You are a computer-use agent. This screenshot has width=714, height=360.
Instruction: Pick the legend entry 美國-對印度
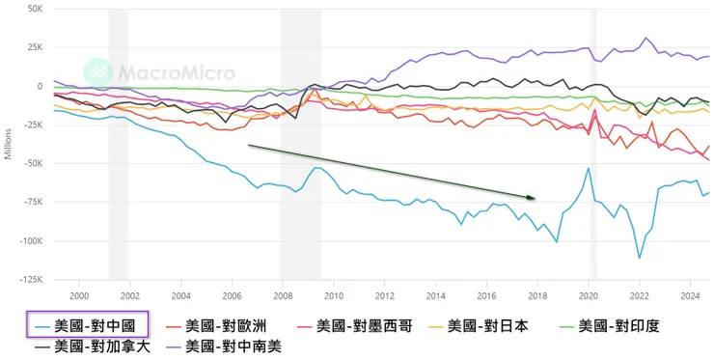[x=620, y=325]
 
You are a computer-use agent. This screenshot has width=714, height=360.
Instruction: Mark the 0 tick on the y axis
[x=39, y=86]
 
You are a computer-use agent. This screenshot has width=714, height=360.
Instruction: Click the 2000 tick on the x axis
[x=79, y=295]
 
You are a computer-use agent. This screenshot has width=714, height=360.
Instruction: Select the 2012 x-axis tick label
[x=384, y=295]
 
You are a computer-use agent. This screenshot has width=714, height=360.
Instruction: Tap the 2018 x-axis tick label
[x=536, y=295]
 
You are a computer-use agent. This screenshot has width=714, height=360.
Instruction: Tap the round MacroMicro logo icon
[x=96, y=71]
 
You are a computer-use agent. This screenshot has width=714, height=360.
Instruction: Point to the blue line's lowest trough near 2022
[x=639, y=258]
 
